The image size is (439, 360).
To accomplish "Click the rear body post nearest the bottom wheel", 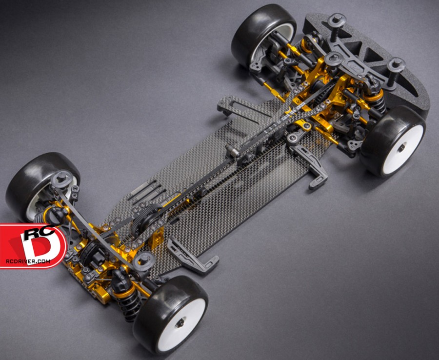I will [144, 260].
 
